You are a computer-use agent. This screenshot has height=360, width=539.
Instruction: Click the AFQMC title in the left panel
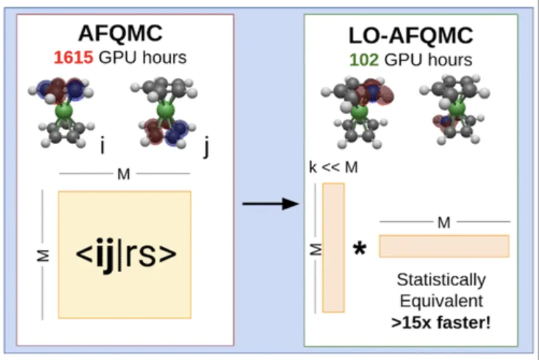pyautogui.click(x=120, y=33)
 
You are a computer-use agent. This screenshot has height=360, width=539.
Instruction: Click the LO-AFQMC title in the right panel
pyautogui.click(x=411, y=35)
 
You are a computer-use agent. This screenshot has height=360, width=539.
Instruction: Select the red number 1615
pyautogui.click(x=73, y=57)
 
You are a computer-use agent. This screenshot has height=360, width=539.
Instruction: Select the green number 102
pyautogui.click(x=364, y=60)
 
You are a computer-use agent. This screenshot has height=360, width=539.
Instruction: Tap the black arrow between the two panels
pyautogui.click(x=271, y=204)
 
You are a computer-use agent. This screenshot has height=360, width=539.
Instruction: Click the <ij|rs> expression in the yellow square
pyautogui.click(x=126, y=254)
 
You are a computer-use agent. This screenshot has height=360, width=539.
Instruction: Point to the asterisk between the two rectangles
pyautogui.click(x=360, y=249)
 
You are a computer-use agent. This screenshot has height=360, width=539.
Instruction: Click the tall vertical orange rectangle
pyautogui.click(x=334, y=248)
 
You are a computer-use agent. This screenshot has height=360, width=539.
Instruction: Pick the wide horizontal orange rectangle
pyautogui.click(x=444, y=246)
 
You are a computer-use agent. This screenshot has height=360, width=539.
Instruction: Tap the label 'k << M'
pyautogui.click(x=334, y=167)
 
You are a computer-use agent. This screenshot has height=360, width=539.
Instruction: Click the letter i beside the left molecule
pyautogui.click(x=102, y=145)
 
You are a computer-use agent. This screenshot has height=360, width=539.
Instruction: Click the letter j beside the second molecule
pyautogui.click(x=206, y=147)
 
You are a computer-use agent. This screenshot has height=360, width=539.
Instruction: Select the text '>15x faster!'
pyautogui.click(x=441, y=323)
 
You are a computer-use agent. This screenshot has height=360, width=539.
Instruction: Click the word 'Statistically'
pyautogui.click(x=442, y=280)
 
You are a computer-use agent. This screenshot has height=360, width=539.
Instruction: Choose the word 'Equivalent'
pyautogui.click(x=442, y=301)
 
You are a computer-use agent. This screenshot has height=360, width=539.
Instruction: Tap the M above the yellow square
pyautogui.click(x=124, y=174)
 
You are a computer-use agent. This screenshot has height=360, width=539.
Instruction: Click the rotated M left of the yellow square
pyautogui.click(x=43, y=255)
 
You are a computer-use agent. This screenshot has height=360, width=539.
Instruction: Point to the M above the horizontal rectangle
pyautogui.click(x=444, y=223)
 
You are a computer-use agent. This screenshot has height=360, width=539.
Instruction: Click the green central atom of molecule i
pyautogui.click(x=64, y=111)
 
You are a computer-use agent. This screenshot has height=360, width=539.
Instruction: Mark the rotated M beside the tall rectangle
pyautogui.click(x=316, y=249)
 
